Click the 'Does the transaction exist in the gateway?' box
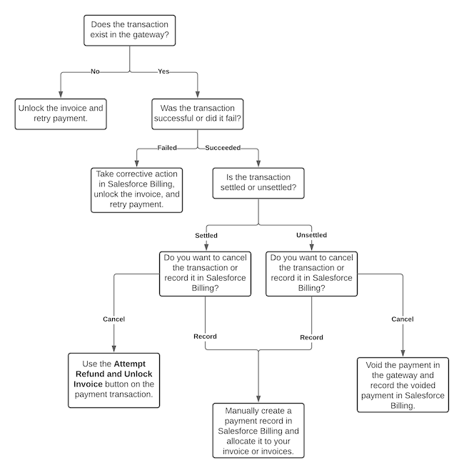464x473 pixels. [x=129, y=31]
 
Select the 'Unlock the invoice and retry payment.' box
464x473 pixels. [x=60, y=114]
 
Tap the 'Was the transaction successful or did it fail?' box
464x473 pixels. [x=198, y=114]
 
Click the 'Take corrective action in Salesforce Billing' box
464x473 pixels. [x=137, y=189]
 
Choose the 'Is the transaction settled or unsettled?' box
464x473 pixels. [x=258, y=183]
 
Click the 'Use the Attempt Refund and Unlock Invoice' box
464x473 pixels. [x=114, y=380]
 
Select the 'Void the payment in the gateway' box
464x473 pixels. [x=403, y=384]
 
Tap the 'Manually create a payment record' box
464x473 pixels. [x=258, y=431]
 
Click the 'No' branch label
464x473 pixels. [x=95, y=71]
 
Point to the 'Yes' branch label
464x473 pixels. [x=163, y=71]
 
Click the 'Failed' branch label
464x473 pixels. [x=167, y=147]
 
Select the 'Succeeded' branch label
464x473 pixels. [x=223, y=147]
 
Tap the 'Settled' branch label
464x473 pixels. [x=206, y=235]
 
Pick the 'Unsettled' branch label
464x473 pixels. [x=311, y=235]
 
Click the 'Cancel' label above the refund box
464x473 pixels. [x=114, y=319]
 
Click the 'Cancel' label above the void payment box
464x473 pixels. [x=403, y=319]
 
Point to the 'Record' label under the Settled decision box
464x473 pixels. [x=206, y=337]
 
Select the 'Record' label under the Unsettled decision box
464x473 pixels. [x=311, y=337]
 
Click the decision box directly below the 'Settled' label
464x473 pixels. [x=206, y=272]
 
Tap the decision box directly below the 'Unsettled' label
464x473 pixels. [x=311, y=272]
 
